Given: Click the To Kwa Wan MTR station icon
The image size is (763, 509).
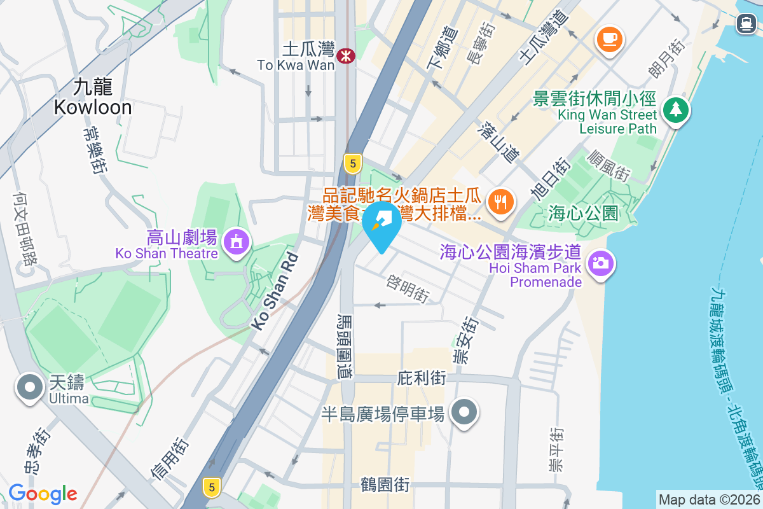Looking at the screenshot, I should tap(346, 56).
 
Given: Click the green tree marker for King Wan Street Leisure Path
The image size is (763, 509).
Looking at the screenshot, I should tap(675, 110).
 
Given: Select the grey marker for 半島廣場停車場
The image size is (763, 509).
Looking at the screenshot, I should tap(465, 412).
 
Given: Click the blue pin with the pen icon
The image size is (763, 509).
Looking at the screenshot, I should tap(381, 224).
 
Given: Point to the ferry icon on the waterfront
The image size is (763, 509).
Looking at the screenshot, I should tap(746, 24).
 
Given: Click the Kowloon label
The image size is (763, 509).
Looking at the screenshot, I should tap(93, 97).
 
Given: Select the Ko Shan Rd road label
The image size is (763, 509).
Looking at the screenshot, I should tap(275, 291).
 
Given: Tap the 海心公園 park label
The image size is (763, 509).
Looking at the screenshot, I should tap(583, 213).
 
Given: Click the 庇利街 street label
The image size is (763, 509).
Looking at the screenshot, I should tap(421, 378).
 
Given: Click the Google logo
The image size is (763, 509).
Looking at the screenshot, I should tap(43, 494).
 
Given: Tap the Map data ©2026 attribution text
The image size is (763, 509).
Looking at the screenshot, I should tap(709, 500).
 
